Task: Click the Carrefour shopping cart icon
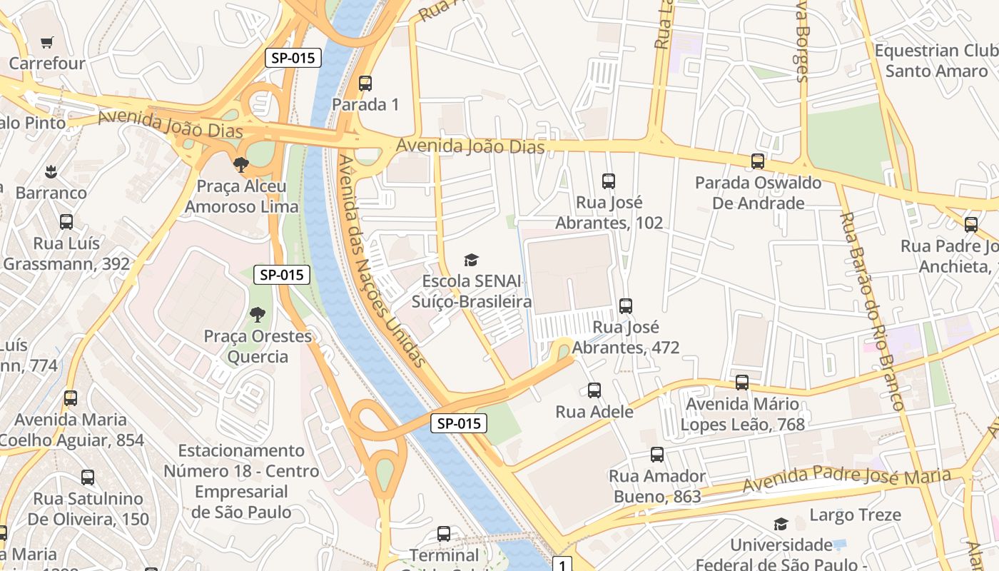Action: point(47,43)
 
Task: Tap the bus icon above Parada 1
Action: point(365,84)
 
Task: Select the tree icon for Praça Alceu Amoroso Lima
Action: point(241,165)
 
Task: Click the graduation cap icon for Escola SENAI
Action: point(471,260)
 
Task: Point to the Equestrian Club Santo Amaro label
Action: point(935,61)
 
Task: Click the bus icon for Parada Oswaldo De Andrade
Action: point(758,161)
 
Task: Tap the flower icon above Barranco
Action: point(51,171)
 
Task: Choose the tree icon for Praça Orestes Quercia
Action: point(258,314)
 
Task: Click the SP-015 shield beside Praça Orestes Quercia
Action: point(283,275)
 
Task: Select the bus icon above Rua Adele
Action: point(594,390)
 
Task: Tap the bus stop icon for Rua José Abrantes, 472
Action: point(626,306)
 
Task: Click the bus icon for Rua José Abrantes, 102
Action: point(609,181)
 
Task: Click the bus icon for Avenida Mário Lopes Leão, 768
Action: point(742,383)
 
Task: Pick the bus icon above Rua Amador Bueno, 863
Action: point(657,455)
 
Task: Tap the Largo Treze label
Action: point(855,515)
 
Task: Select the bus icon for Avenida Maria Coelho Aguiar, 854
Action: point(71,398)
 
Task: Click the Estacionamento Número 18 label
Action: point(241,481)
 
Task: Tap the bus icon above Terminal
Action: point(444,534)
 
